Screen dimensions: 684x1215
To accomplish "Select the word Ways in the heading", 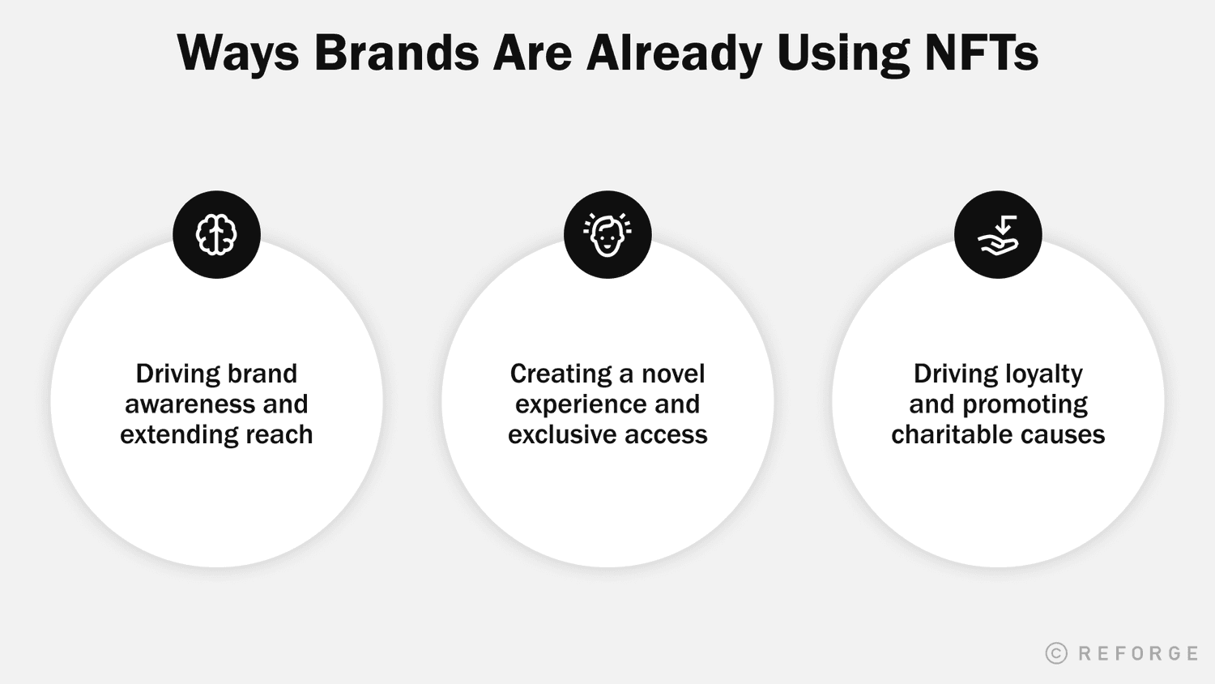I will click(237, 53).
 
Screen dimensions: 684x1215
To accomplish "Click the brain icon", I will click(216, 235).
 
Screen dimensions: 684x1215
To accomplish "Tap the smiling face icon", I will click(607, 235).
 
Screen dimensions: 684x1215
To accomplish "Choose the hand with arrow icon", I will click(998, 235).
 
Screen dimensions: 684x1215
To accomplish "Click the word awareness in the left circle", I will click(193, 404).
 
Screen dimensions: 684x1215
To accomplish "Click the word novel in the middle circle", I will click(673, 374).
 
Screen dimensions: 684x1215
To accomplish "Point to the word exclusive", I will click(559, 434).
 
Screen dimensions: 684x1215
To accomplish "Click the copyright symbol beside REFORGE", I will click(1056, 653).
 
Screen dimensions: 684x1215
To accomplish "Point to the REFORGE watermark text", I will click(1138, 653).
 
